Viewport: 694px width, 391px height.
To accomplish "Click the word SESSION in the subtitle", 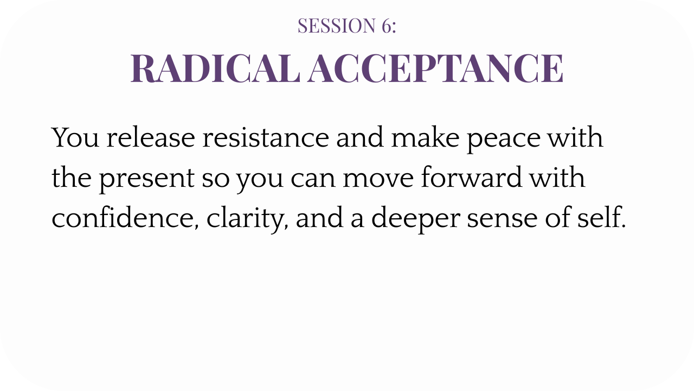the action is tap(337, 26).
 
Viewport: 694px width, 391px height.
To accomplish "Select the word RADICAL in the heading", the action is tap(216, 68).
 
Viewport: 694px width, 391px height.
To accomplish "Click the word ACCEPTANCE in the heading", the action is tap(435, 68).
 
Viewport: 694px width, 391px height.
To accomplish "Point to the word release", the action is tap(151, 137).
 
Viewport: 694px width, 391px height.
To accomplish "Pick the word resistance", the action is tap(266, 137).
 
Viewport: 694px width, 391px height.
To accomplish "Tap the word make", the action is tap(425, 137).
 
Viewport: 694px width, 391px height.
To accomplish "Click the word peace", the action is tap(504, 140).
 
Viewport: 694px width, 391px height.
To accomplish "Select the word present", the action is tap(146, 179).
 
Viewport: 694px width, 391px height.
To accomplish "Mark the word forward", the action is tap(472, 177).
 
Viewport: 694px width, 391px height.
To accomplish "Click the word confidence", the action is tap(125, 218).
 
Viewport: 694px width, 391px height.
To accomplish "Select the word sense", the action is tap(502, 219).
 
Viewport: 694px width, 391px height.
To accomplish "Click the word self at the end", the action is tap(601, 217).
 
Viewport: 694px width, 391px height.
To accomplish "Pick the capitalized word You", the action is tap(75, 137).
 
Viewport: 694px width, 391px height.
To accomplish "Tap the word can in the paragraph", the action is tap(313, 179).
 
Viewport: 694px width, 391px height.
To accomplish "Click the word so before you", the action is tap(216, 179).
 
